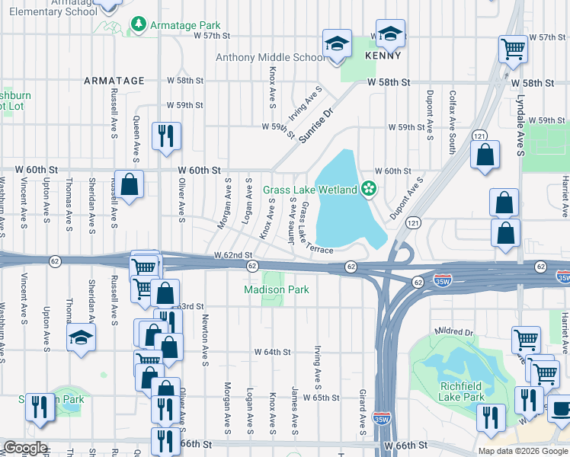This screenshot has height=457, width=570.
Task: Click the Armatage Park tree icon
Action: tap(138, 25)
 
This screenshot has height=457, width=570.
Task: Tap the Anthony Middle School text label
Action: tap(271, 57)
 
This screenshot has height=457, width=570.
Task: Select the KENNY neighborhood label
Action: tap(383, 56)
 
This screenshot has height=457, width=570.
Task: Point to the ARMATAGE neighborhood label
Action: tap(114, 81)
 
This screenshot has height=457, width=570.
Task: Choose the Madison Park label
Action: tap(276, 289)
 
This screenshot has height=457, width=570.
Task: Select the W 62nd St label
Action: tap(232, 254)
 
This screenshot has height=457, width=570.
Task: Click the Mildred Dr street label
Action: tap(453, 332)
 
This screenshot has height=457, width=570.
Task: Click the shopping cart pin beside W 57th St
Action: tap(513, 49)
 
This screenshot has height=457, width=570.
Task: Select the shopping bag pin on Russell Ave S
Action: tap(130, 184)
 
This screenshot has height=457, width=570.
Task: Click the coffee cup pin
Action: tap(560, 407)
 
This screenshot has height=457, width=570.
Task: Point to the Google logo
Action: tap(24, 449)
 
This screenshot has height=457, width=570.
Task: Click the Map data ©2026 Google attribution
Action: tap(522, 451)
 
